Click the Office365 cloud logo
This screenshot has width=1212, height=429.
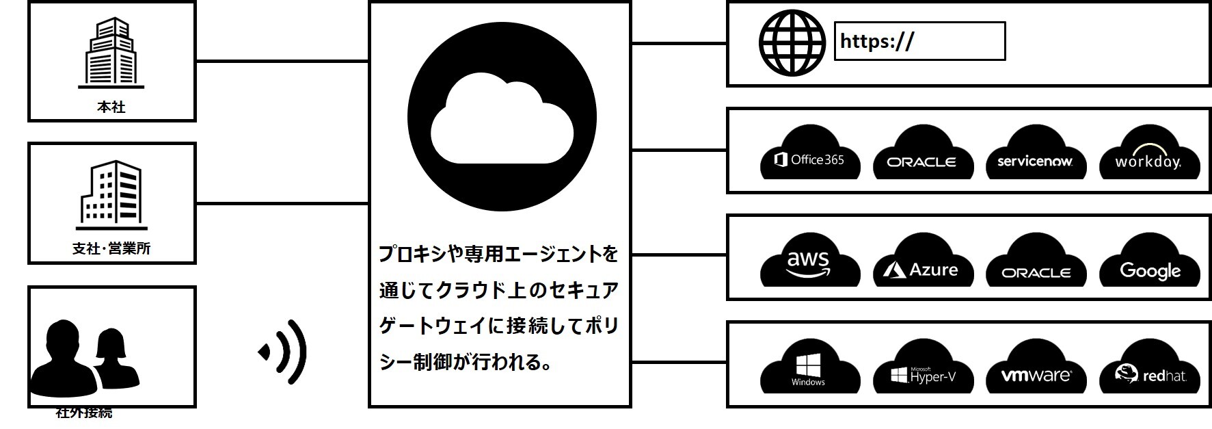(x=810, y=154)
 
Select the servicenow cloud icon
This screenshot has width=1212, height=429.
(x=1035, y=154)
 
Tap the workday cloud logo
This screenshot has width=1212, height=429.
(x=1148, y=154)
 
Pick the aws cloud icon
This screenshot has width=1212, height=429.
(x=810, y=261)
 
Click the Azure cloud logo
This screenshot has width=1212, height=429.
(x=922, y=261)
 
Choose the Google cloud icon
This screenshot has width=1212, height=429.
(x=1149, y=261)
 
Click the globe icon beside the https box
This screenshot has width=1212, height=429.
(x=792, y=42)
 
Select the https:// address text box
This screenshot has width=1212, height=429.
(x=919, y=42)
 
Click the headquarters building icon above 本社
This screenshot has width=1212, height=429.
(x=111, y=53)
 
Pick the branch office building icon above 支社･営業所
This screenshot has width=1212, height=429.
(x=111, y=196)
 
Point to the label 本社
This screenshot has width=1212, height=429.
(x=111, y=107)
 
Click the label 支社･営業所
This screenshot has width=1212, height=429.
(x=111, y=248)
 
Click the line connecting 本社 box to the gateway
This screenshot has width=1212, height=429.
(x=282, y=62)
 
